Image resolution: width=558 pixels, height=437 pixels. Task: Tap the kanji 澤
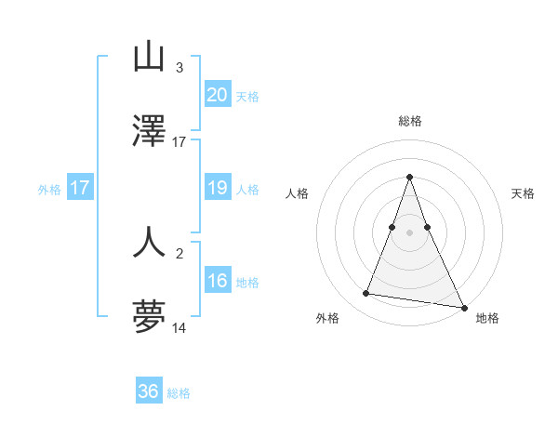click(x=149, y=130)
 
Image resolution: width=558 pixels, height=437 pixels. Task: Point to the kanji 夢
click(x=149, y=317)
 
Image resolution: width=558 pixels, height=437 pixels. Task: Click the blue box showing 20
click(x=217, y=95)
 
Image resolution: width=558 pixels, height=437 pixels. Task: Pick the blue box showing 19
click(x=217, y=188)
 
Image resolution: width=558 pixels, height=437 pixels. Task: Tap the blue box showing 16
click(x=217, y=281)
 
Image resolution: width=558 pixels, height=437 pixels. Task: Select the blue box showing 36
click(x=149, y=391)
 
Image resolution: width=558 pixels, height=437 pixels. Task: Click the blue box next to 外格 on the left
click(x=80, y=188)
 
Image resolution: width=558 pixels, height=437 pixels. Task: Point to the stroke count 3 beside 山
click(x=179, y=68)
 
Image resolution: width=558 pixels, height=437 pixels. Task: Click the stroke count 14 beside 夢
click(x=179, y=328)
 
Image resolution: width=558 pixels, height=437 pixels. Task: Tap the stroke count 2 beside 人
click(x=179, y=253)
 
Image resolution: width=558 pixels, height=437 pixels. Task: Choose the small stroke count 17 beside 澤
click(x=179, y=142)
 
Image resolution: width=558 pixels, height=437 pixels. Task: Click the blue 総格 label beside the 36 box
click(x=179, y=393)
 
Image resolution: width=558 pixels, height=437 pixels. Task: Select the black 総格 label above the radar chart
click(x=409, y=121)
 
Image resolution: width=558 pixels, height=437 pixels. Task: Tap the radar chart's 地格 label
click(x=487, y=319)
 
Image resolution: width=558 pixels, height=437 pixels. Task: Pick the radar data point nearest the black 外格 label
click(x=366, y=294)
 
